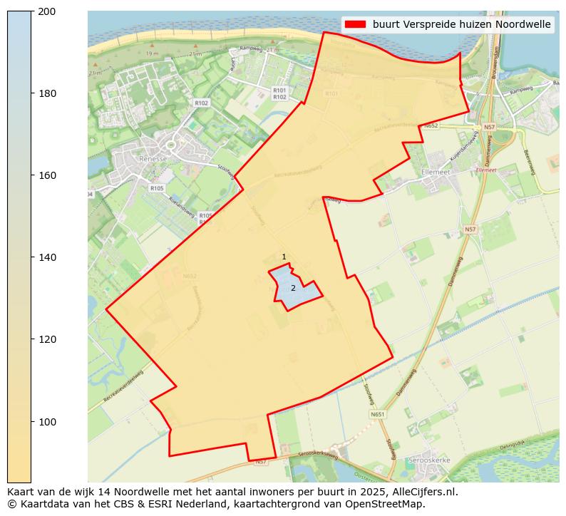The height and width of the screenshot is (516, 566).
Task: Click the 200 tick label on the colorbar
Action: click(46, 11)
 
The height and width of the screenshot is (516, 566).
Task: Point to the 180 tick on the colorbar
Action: click(46, 93)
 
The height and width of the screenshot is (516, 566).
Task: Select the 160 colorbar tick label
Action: click(46, 175)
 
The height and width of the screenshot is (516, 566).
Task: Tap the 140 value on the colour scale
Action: click(46, 257)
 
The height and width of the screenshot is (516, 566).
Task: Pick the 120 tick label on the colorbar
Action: click(46, 339)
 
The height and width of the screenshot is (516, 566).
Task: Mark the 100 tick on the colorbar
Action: click(46, 422)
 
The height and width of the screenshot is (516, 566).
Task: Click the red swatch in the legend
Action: click(355, 24)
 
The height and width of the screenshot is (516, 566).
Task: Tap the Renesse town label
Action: click(153, 159)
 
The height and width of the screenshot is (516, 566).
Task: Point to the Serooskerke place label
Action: click(428, 461)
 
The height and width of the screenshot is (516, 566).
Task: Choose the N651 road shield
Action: click(378, 414)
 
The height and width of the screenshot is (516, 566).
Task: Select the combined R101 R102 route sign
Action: click(279, 94)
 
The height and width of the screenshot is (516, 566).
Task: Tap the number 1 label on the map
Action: click(284, 257)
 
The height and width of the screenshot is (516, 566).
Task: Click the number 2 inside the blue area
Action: click(293, 288)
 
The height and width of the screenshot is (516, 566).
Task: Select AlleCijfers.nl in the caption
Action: click(421, 492)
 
